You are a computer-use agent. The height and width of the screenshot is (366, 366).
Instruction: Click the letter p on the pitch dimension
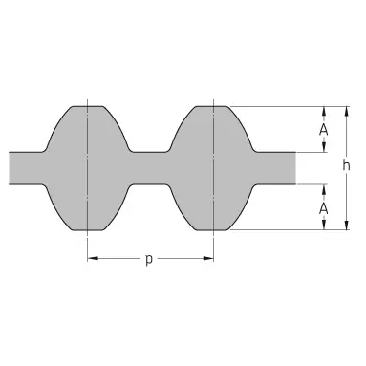(x=149, y=260)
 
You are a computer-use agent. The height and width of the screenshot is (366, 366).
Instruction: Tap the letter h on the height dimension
(x=346, y=165)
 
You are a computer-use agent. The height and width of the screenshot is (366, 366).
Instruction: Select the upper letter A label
(x=324, y=130)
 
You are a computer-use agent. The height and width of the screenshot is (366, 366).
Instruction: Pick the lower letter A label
(x=324, y=209)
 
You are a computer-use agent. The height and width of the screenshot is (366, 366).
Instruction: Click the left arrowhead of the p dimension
(x=93, y=258)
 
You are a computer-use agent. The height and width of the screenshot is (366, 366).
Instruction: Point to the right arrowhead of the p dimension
(x=208, y=258)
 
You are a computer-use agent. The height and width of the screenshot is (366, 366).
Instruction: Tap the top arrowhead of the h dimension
(x=347, y=112)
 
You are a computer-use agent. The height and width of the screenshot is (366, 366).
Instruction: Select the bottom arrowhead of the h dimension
(x=347, y=225)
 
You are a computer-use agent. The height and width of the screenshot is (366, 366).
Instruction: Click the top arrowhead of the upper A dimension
(x=324, y=111)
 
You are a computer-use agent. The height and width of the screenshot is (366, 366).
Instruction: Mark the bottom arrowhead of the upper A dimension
(x=324, y=147)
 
